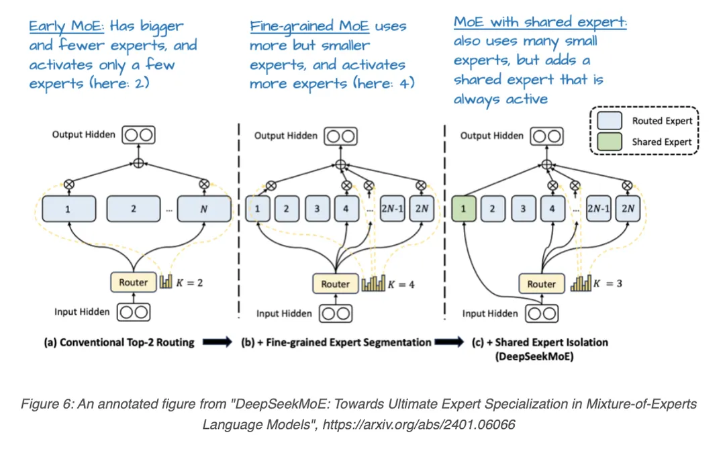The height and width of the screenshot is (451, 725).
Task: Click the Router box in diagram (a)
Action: point(134,282)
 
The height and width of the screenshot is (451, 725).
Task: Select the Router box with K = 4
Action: point(335,284)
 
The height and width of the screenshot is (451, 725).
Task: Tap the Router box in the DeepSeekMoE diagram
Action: point(541,284)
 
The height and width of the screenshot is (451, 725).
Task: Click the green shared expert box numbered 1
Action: point(463,209)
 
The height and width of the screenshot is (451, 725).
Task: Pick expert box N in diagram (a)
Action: point(204,209)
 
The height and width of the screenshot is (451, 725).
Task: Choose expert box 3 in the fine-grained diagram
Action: point(317,209)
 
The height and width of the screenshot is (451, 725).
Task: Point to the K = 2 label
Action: point(189,283)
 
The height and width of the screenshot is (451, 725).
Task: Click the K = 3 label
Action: point(608,283)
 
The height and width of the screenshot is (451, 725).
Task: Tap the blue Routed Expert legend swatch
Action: point(609,120)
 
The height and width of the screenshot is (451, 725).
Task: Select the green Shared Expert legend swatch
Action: point(609,142)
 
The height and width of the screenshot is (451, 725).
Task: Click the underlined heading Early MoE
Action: point(66,26)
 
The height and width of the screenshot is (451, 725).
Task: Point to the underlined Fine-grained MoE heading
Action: point(309,26)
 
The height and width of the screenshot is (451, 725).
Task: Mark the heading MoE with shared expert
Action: point(540,22)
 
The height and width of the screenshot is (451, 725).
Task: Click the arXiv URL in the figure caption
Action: point(418,424)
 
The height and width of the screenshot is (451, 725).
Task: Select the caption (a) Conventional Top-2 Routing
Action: point(119,342)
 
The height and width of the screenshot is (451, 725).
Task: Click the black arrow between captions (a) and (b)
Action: point(217,342)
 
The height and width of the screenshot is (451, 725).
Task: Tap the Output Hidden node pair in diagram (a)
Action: point(139,135)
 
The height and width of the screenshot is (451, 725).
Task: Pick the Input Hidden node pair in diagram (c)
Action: point(542,314)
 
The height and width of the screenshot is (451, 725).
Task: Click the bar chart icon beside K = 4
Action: point(373,283)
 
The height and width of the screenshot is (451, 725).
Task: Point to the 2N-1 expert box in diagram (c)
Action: point(598,209)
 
